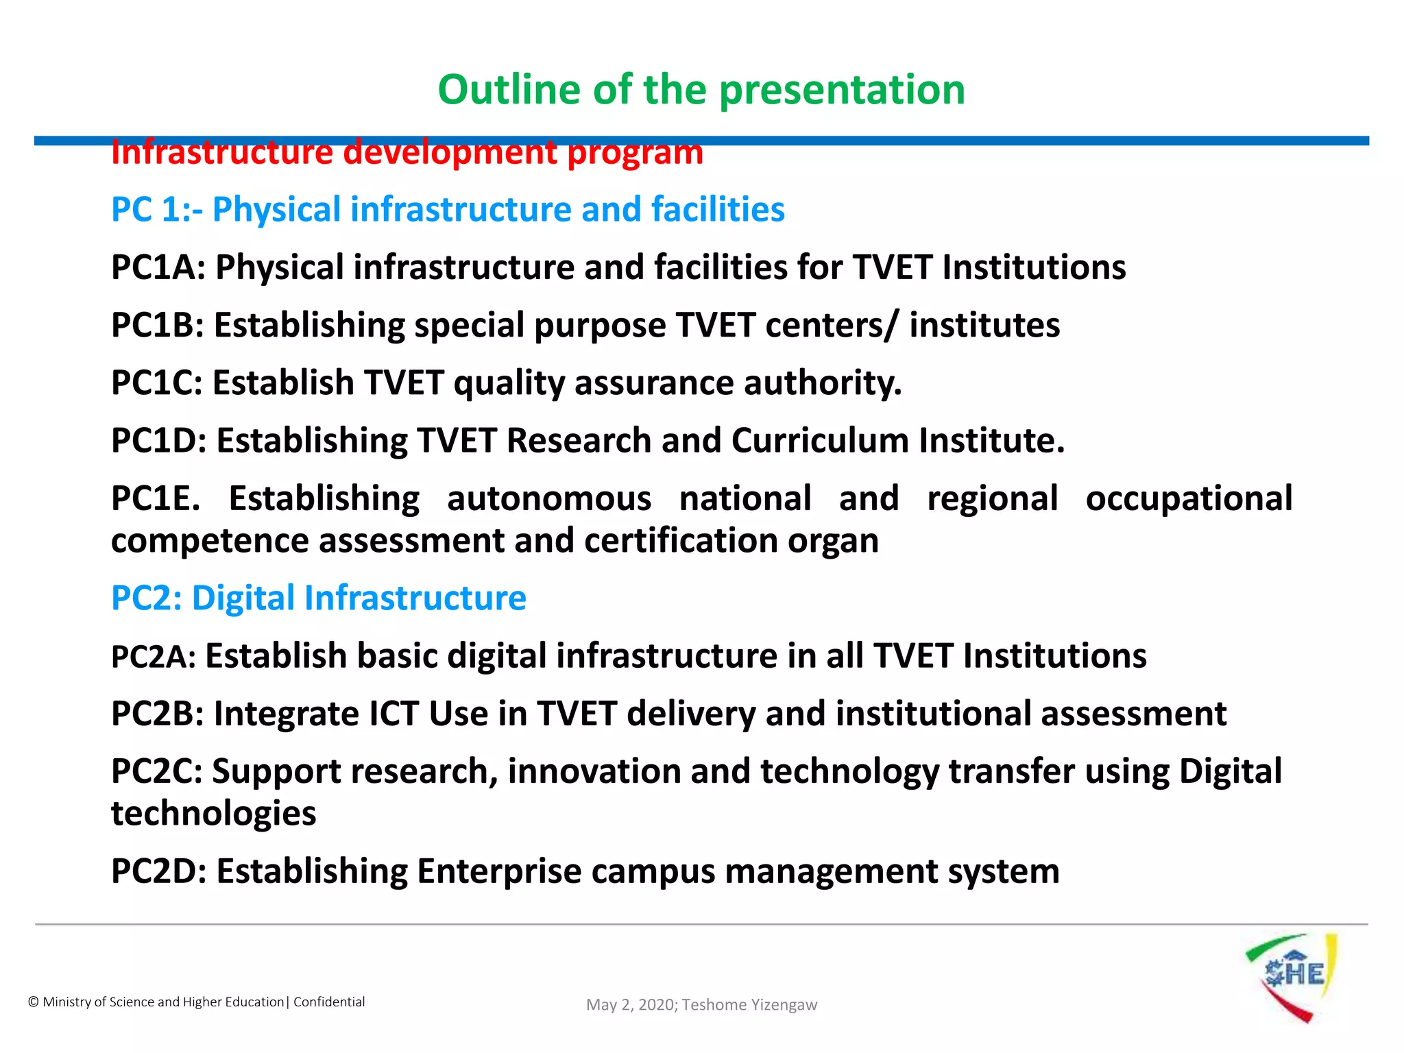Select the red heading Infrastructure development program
click(x=407, y=152)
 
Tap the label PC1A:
click(x=158, y=267)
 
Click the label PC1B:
click(x=158, y=325)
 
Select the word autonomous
click(x=549, y=498)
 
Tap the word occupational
click(x=1189, y=498)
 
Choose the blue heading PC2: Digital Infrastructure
click(x=319, y=598)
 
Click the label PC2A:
click(x=154, y=657)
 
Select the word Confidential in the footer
click(x=329, y=1002)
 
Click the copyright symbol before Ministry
click(x=33, y=1002)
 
